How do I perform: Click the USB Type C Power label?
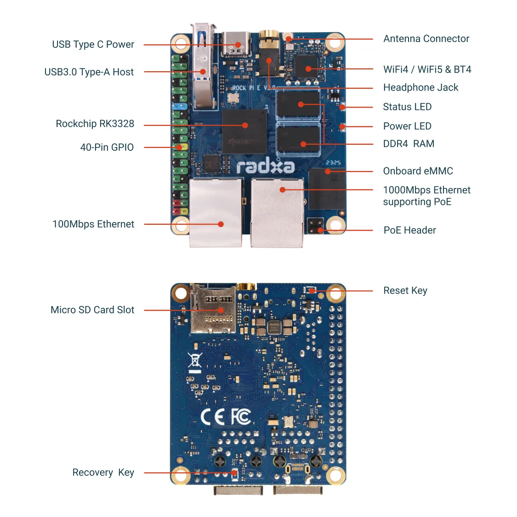[93, 45]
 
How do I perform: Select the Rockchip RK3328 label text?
[95, 124]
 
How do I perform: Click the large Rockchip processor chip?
[244, 131]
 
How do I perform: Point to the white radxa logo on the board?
[265, 166]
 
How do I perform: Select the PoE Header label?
[409, 230]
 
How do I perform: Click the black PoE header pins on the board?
[315, 226]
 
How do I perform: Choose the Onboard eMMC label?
[418, 171]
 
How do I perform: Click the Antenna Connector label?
[426, 39]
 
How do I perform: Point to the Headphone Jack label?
[420, 87]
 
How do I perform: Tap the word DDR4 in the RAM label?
[395, 144]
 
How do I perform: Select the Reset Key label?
[405, 290]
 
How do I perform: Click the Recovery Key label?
[103, 472]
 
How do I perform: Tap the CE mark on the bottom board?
[213, 417]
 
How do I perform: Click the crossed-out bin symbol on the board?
[195, 362]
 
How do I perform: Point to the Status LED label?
[407, 107]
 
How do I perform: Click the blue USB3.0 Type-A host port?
[202, 69]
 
